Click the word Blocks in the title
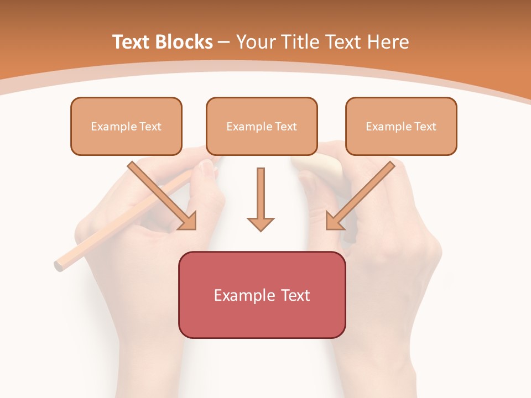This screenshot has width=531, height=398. [185, 42]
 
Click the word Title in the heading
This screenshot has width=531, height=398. [298, 42]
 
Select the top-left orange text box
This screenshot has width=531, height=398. [126, 126]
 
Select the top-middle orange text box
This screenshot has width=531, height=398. [262, 126]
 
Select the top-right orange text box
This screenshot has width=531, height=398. [401, 126]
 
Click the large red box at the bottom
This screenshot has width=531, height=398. [262, 295]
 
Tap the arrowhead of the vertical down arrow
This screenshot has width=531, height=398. [261, 223]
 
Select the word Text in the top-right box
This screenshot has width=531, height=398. [425, 127]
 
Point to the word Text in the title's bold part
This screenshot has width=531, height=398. [131, 42]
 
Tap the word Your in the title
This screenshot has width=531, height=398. [256, 42]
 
